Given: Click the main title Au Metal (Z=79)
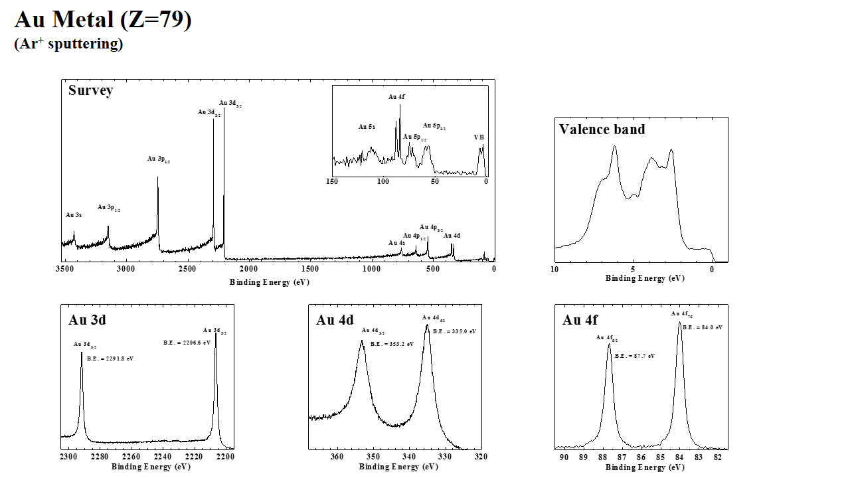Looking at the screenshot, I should coord(103,19).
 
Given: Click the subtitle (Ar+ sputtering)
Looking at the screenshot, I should coord(68,44).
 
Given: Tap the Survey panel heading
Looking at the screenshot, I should coord(90,90).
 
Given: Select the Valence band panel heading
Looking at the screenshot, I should coord(602,129).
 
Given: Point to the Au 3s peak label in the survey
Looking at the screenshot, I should coord(74,215).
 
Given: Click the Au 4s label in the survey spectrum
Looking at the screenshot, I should coord(396,243).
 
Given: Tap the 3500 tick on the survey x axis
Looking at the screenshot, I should coord(64,269).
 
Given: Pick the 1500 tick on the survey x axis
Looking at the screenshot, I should coord(310,269).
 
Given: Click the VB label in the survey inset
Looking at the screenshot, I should coord(479,137).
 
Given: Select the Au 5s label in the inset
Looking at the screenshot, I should coord(367,127).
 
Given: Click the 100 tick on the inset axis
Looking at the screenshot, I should coord(383,181).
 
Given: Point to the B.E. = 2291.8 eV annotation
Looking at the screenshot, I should coord(110,359).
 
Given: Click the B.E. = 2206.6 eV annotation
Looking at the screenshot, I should coord(187,343).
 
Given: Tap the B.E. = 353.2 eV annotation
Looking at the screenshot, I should coord(392,344).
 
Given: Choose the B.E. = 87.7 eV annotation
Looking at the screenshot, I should coord(635,356).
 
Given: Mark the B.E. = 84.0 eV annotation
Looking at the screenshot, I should coord(702,327).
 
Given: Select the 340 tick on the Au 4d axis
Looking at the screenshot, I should coord(409,457).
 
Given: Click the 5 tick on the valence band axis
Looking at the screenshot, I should coord(633,270).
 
